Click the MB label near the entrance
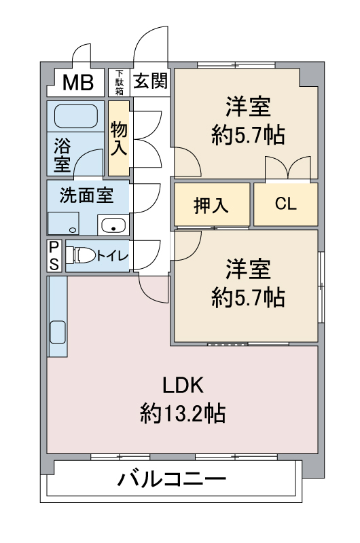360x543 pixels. pos(79,83)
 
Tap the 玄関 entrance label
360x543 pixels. pos(150,81)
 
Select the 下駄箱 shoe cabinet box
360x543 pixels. pos(120,82)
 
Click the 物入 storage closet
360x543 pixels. pos(119,136)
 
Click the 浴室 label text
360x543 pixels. pos(62,154)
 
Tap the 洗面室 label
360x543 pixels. pos(86,195)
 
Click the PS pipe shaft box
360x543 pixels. pos(54,255)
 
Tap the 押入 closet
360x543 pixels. pos(211,205)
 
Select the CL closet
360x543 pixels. pos(285,204)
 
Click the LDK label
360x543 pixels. pos(183,385)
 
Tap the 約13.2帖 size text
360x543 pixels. pos(183,413)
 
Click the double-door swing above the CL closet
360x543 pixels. pos(289,168)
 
